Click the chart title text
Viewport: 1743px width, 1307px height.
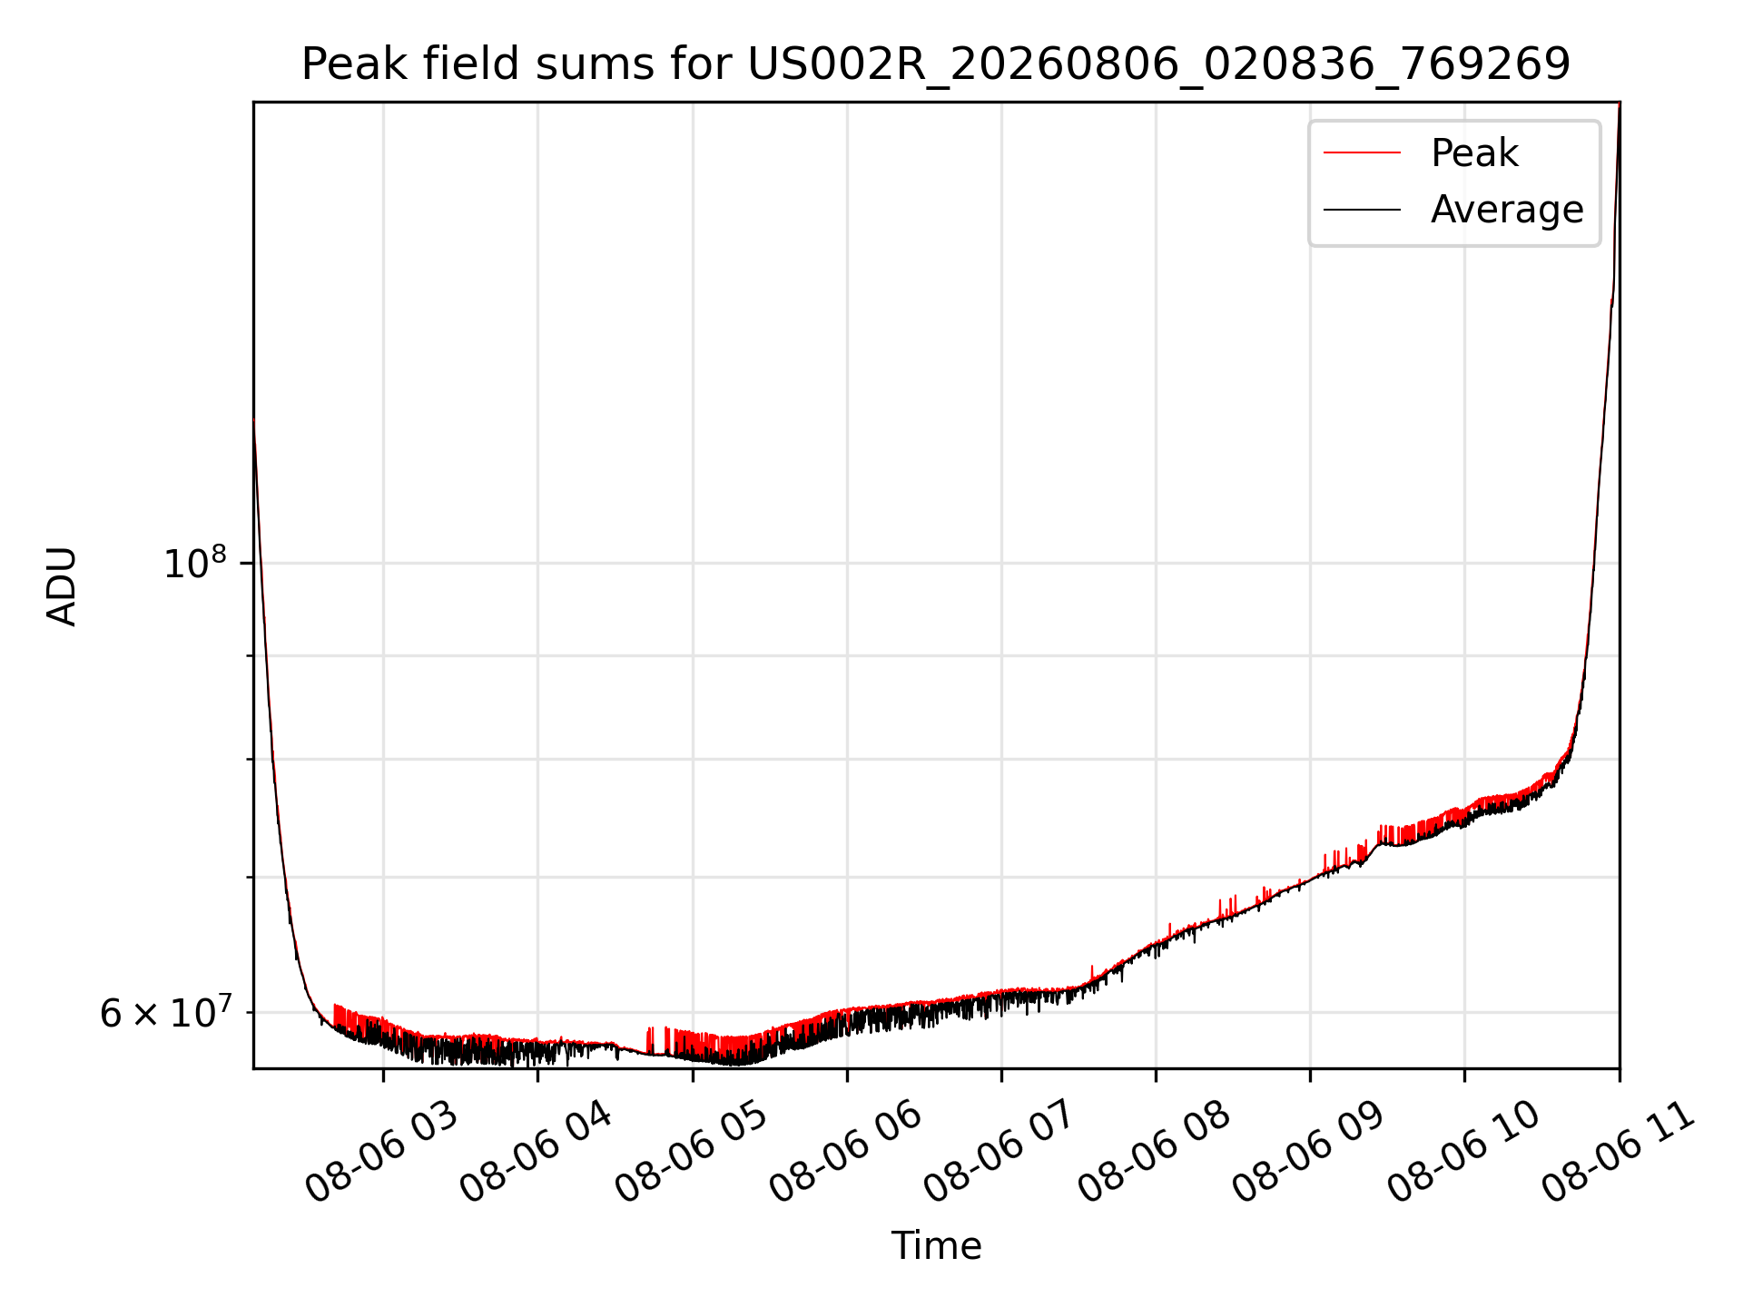click(x=936, y=64)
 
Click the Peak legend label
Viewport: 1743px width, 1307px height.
click(x=1474, y=152)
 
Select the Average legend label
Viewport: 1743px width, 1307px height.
click(x=1507, y=210)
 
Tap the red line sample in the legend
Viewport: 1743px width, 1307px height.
click(x=1362, y=152)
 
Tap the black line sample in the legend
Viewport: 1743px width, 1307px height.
click(x=1362, y=210)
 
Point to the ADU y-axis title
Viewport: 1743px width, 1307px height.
click(x=62, y=586)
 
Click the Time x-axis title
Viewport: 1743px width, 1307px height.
click(x=936, y=1246)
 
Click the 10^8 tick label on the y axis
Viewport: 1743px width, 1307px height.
click(x=194, y=563)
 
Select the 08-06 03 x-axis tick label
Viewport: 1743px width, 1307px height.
click(x=381, y=1151)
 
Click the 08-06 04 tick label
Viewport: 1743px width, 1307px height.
click(x=536, y=1151)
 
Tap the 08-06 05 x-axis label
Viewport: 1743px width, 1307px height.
click(x=691, y=1151)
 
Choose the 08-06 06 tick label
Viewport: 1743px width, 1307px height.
click(x=845, y=1151)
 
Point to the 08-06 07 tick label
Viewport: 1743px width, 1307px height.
click(x=1000, y=1151)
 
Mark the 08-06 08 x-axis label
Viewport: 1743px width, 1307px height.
click(x=1154, y=1151)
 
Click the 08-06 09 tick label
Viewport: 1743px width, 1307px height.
click(x=1308, y=1151)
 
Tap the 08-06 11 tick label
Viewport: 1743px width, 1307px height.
click(x=1618, y=1151)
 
